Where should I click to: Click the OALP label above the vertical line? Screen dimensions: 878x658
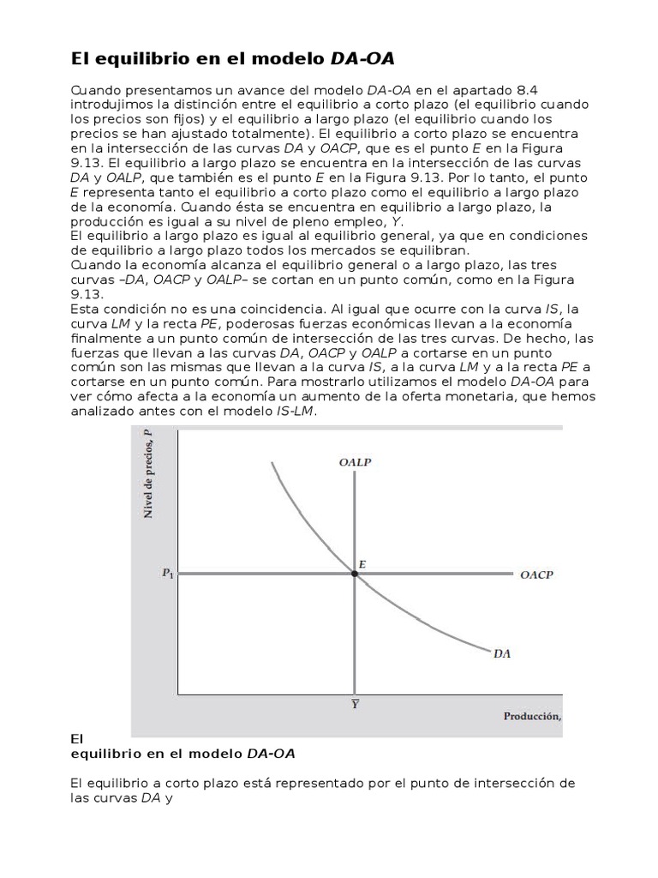[355, 462]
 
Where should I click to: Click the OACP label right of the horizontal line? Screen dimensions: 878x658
[536, 575]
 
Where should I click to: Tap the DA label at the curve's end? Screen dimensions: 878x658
[502, 653]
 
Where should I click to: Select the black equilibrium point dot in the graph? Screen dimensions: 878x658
[355, 573]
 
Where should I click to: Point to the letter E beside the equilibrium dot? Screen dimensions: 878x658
[362, 563]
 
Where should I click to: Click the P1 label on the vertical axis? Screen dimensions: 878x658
[167, 574]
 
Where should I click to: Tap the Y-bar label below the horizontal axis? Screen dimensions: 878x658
[354, 704]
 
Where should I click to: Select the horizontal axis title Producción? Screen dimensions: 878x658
[531, 716]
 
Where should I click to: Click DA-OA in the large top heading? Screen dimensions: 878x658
[363, 58]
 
